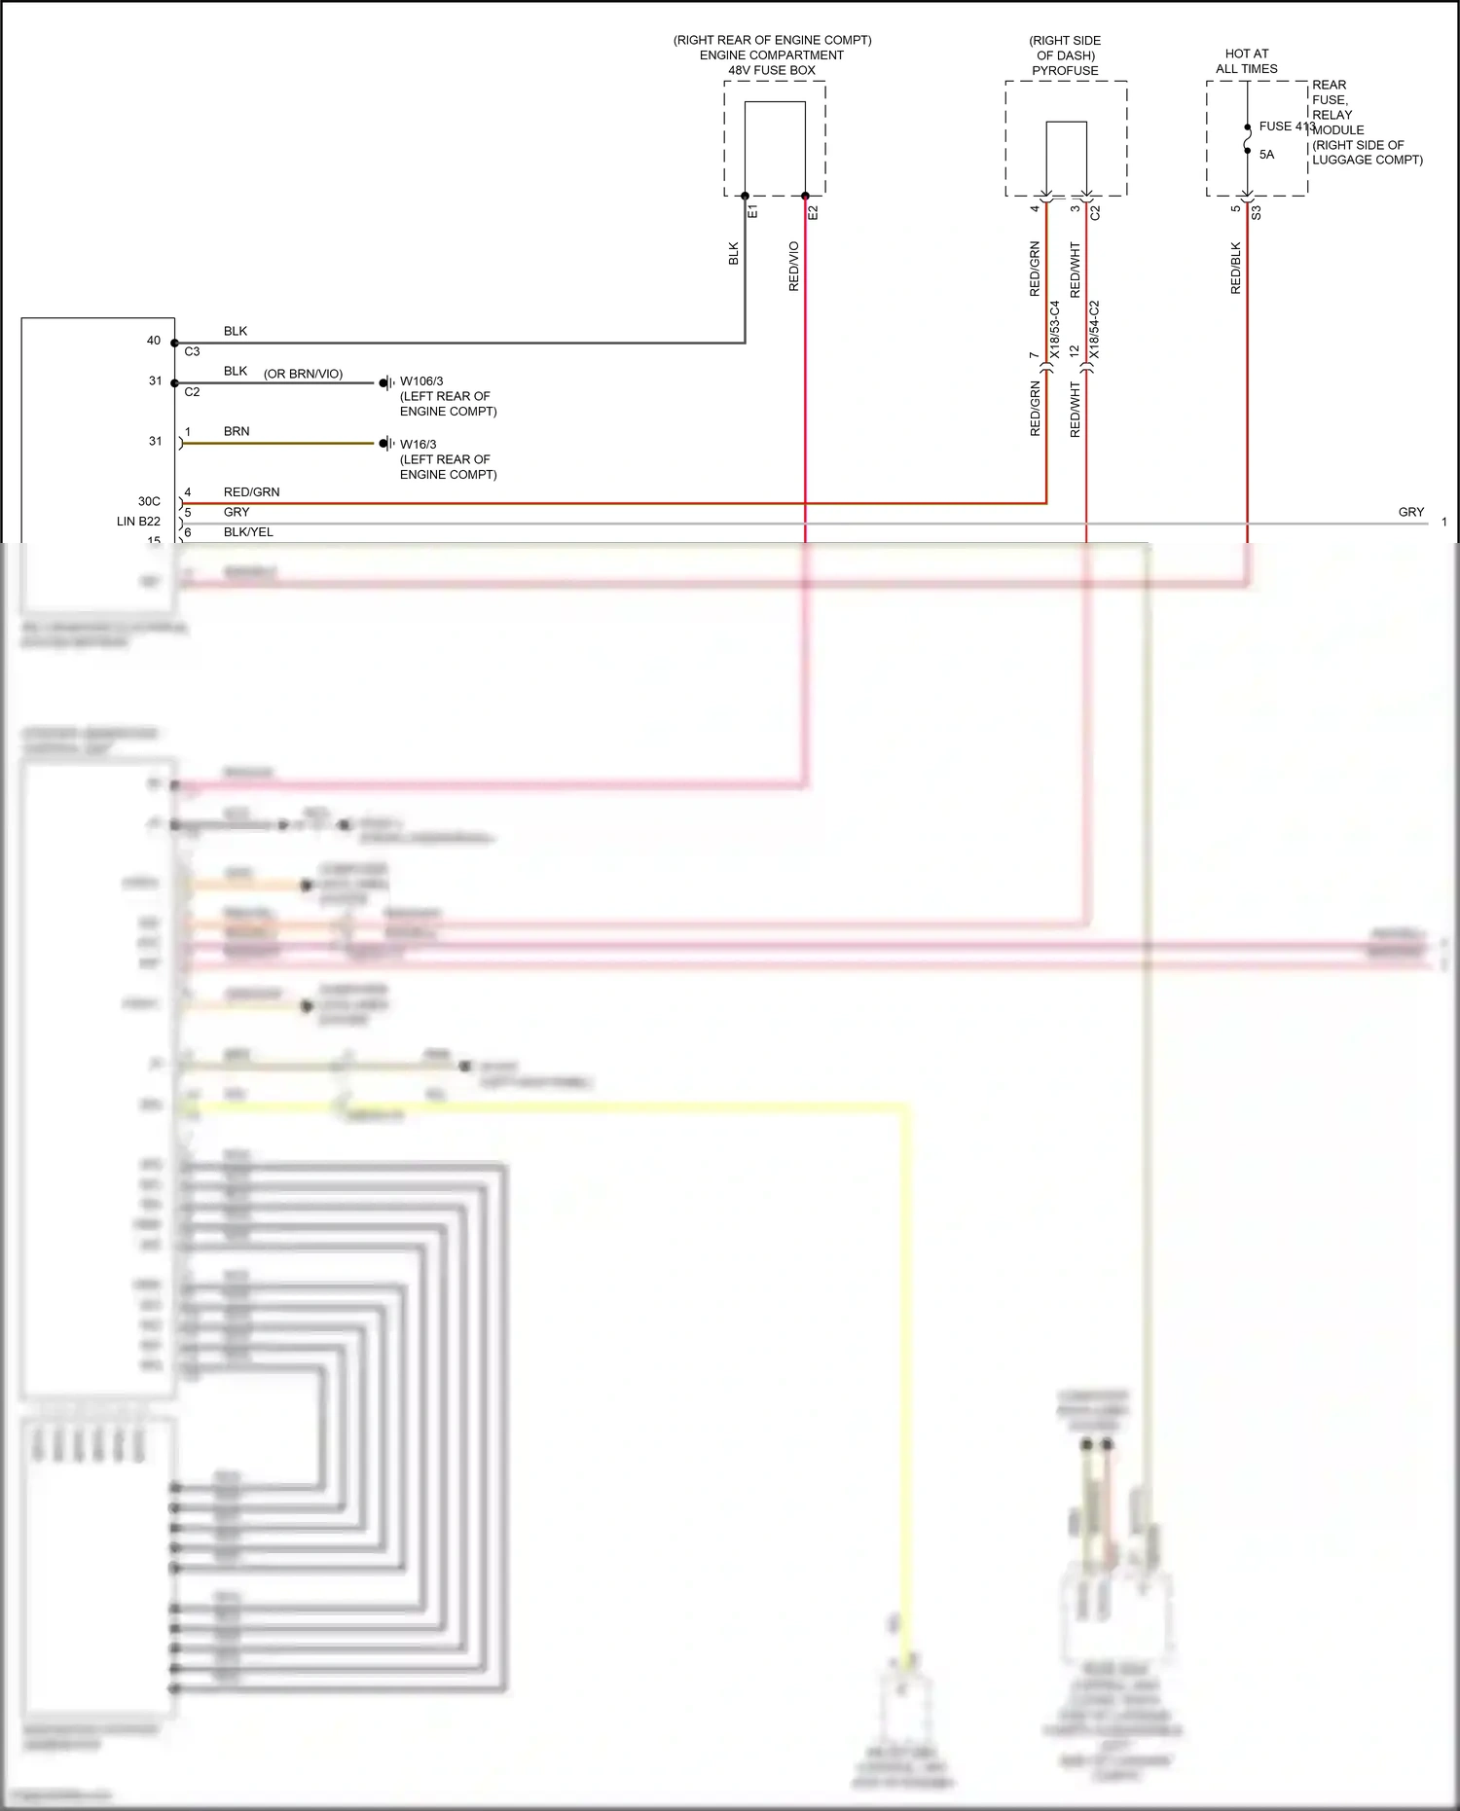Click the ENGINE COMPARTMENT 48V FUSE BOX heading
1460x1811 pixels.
click(x=772, y=55)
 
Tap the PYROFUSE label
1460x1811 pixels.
click(x=1065, y=71)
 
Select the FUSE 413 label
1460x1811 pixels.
click(x=1286, y=127)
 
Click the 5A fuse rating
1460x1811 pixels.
click(x=1266, y=155)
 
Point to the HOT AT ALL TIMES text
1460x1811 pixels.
click(x=1246, y=61)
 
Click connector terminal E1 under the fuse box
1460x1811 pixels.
click(x=752, y=211)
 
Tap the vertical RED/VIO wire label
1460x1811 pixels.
click(x=793, y=267)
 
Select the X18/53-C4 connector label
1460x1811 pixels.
click(x=1054, y=330)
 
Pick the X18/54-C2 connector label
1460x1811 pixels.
click(x=1094, y=330)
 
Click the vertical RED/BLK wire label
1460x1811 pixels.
click(x=1236, y=269)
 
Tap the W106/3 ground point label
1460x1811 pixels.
click(x=421, y=381)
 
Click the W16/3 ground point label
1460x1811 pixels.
click(x=419, y=445)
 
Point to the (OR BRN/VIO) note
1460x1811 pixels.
click(x=303, y=374)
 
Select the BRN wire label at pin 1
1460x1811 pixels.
click(x=237, y=431)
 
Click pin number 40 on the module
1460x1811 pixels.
click(x=154, y=341)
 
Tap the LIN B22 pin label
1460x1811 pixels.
click(x=138, y=522)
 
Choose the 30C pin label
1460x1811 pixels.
click(x=149, y=501)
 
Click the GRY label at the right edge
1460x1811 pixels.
click(x=1410, y=512)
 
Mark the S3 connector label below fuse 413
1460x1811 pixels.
click(x=1257, y=212)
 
